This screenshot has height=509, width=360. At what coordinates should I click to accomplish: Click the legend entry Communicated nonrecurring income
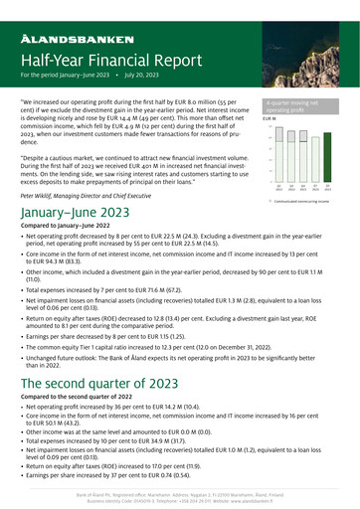click(x=304, y=200)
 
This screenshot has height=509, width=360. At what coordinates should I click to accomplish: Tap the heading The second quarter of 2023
click(x=110, y=385)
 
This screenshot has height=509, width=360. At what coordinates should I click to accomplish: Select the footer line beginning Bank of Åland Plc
click(x=179, y=492)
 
